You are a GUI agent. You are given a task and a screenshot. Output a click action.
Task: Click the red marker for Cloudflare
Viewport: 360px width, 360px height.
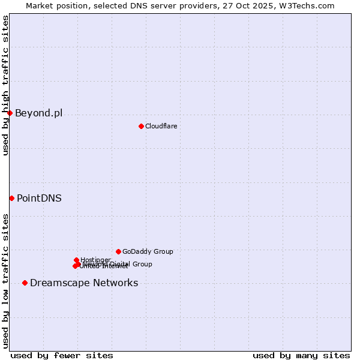click(x=141, y=126)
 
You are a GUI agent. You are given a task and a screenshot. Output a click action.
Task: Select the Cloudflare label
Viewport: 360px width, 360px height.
click(x=161, y=126)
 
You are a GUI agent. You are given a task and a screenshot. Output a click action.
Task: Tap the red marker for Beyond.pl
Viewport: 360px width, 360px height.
click(x=10, y=113)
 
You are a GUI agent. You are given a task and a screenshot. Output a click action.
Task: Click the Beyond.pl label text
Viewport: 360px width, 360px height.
click(x=38, y=113)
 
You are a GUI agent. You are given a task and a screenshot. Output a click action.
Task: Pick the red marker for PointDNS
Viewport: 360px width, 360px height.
click(x=11, y=198)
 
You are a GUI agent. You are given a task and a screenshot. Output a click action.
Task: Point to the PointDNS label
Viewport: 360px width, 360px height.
click(x=39, y=198)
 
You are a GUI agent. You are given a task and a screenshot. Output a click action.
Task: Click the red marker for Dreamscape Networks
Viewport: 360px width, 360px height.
click(x=25, y=283)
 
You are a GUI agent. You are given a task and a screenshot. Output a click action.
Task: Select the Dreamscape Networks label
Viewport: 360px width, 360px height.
click(x=84, y=283)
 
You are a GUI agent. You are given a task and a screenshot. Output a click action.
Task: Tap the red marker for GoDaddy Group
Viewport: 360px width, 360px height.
click(x=118, y=251)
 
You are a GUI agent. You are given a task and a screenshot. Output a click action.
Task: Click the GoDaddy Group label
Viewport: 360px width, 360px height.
click(x=148, y=251)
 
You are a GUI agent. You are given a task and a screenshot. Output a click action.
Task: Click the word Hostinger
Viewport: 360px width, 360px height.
click(x=95, y=260)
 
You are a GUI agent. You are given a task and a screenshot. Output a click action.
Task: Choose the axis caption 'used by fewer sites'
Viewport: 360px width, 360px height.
click(x=62, y=355)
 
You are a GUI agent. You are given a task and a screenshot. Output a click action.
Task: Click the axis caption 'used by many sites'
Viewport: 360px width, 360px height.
click(x=301, y=355)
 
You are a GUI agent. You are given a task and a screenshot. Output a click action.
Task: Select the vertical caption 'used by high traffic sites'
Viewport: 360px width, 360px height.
click(x=5, y=85)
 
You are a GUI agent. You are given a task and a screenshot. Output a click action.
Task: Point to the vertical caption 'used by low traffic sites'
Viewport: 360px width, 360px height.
click(x=5, y=280)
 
